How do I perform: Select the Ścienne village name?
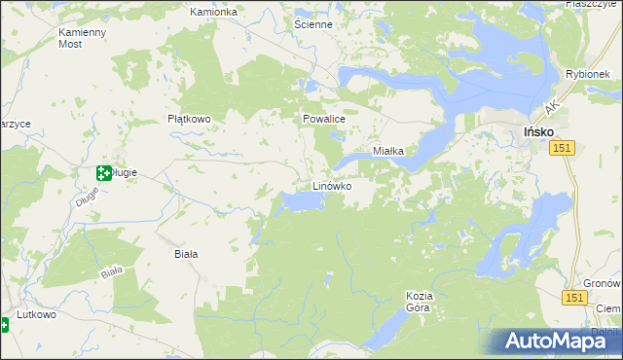tap(312, 23)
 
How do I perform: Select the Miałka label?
tap(395, 151)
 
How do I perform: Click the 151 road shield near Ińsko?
tap(561, 147)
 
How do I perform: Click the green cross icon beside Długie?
tap(103, 173)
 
